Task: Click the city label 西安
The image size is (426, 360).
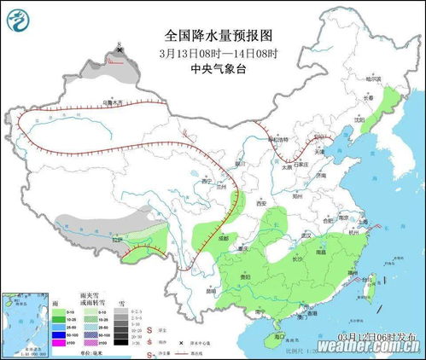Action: click(x=262, y=203)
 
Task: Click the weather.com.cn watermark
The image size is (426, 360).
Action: click(x=367, y=348)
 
